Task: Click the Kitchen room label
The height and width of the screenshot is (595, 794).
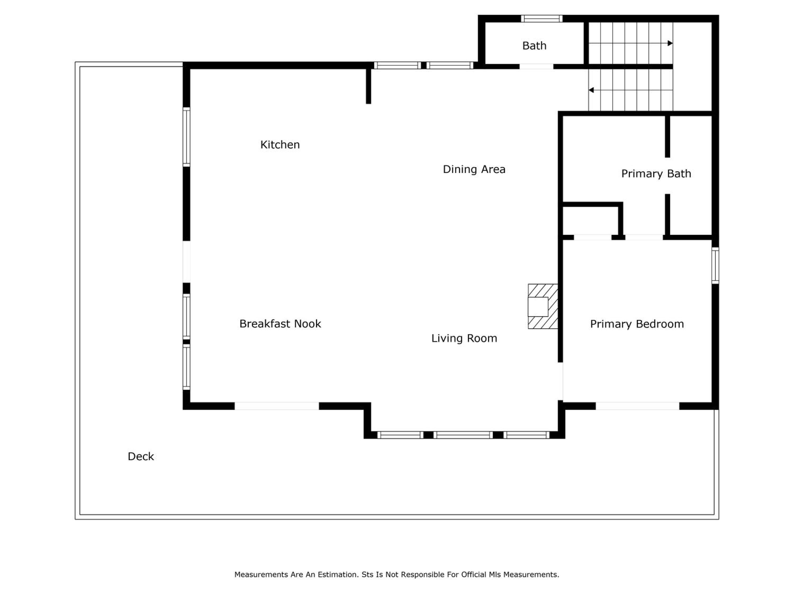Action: (280, 145)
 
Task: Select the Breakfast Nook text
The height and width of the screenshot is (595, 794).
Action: (280, 324)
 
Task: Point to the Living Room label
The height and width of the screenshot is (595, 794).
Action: (464, 338)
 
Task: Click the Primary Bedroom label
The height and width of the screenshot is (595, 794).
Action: (637, 324)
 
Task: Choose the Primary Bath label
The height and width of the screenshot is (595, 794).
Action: (656, 173)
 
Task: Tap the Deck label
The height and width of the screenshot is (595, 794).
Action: (141, 456)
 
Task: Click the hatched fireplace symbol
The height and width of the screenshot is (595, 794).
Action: (543, 306)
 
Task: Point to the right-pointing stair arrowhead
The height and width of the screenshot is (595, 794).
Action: (670, 43)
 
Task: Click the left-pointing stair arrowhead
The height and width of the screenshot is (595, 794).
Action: (591, 90)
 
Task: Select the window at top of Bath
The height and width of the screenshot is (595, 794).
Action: (542, 18)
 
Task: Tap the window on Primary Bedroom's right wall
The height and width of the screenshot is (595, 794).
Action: (715, 266)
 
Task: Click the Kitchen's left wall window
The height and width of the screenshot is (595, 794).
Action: (186, 137)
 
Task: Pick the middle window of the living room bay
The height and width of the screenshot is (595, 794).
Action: (463, 435)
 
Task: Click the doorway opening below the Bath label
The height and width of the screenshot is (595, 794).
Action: (536, 66)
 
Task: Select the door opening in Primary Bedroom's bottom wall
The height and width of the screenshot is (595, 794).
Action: (638, 406)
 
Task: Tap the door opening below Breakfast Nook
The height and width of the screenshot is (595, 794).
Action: (277, 406)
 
